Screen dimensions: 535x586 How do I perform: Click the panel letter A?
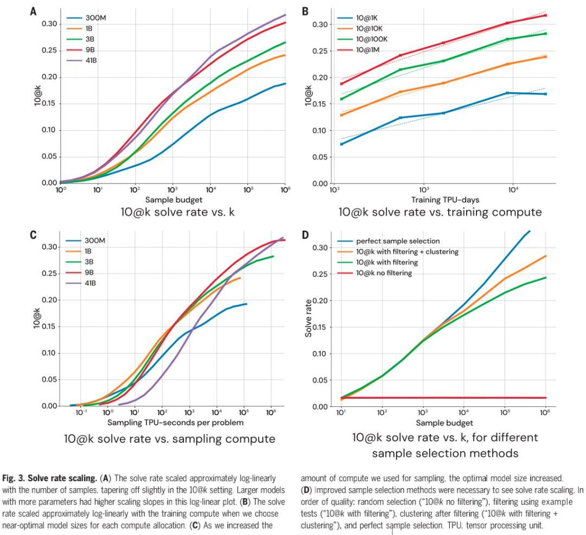(x=33, y=10)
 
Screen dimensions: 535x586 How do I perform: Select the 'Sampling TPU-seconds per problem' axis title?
(x=175, y=423)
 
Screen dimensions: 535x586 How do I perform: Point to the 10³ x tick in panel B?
(x=424, y=192)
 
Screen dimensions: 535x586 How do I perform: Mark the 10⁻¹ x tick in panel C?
(x=81, y=413)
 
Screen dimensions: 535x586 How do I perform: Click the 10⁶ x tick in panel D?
(x=545, y=413)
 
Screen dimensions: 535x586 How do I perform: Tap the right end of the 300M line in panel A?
(x=285, y=84)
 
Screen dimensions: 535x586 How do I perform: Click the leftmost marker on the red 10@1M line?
(x=342, y=84)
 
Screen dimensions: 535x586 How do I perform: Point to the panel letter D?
(x=305, y=235)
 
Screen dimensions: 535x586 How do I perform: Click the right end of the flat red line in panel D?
(x=545, y=398)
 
